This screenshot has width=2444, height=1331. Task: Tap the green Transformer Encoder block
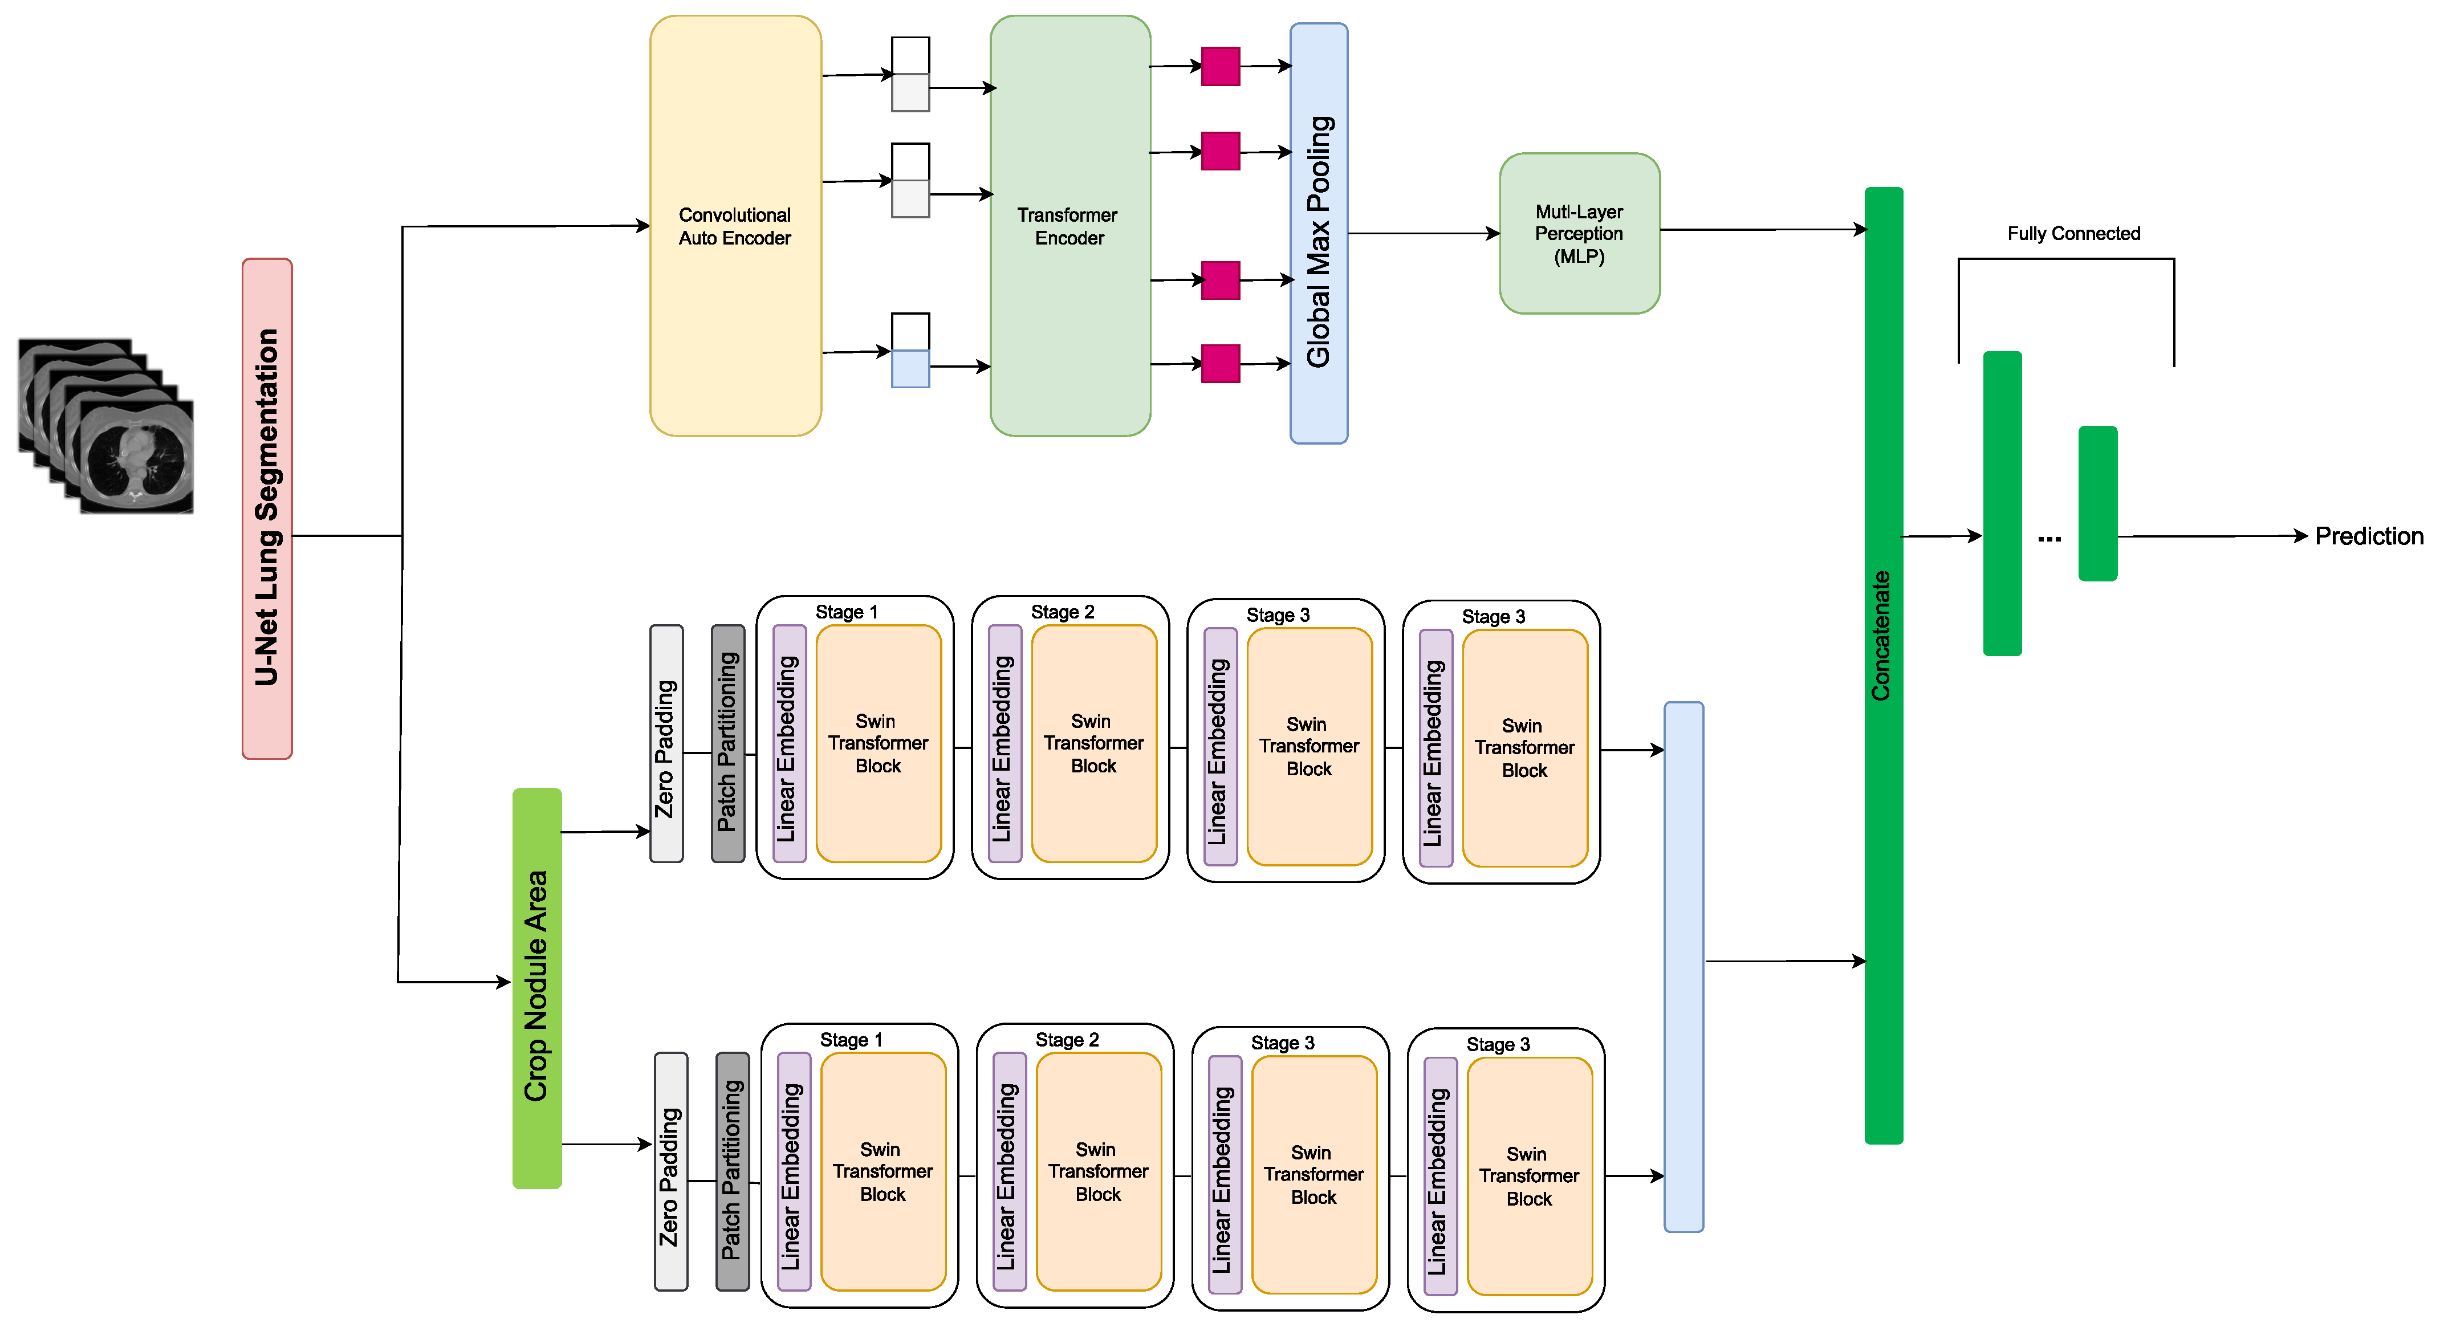1069,226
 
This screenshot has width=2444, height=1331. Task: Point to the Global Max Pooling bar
1318,233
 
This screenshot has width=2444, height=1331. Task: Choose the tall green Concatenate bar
1883,664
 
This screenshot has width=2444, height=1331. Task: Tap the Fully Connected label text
2073,233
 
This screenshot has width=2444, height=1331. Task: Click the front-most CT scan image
137,457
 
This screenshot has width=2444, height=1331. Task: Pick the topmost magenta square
1220,67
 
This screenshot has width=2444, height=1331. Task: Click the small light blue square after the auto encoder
910,368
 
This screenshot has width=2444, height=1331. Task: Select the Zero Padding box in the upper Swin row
666,744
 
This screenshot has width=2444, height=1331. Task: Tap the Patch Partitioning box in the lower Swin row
731,1171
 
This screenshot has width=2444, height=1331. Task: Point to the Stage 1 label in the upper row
846,612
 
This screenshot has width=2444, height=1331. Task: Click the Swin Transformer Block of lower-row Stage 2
1097,1171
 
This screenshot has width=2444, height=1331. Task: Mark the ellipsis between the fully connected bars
2049,538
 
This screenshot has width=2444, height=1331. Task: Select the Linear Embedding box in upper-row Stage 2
1004,744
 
